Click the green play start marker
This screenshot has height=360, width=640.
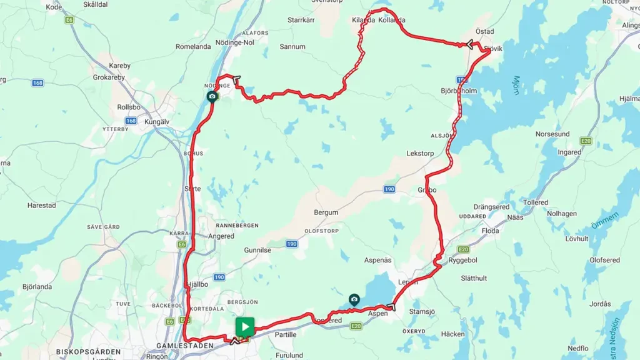coord(244,326)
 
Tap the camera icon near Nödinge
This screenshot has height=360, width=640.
coord(212,96)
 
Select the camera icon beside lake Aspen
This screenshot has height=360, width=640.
coord(354,299)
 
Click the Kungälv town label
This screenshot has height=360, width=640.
coord(157,121)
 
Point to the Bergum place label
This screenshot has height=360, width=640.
coord(326,212)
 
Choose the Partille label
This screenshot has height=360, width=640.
coord(285,334)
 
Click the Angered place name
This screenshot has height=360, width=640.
coord(222,236)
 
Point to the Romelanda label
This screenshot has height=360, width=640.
coord(193,46)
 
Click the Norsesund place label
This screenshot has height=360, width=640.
coord(552,134)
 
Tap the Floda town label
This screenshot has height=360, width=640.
coord(490,231)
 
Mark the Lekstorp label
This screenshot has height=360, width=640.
coord(419,152)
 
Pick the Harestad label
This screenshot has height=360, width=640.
coord(41,205)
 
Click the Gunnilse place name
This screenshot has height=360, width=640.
coord(257,249)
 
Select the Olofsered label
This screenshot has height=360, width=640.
coord(604,259)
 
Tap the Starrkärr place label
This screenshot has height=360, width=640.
coord(301,20)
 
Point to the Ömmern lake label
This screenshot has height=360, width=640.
coord(605,220)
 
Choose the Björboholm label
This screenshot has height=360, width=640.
coord(459,91)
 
